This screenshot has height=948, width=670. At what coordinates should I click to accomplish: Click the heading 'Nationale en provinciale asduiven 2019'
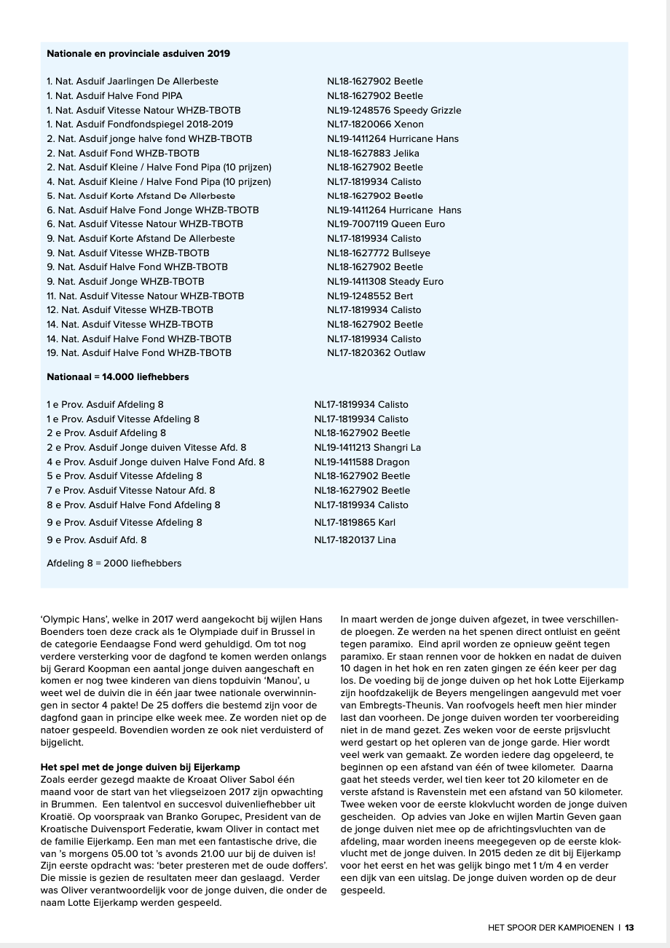tap(138, 54)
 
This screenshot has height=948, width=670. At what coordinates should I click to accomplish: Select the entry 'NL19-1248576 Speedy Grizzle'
tap(394, 110)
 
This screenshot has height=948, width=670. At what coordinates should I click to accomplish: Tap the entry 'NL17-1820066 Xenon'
tap(375, 125)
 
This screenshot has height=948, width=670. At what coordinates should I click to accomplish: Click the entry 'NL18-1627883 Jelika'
tap(373, 153)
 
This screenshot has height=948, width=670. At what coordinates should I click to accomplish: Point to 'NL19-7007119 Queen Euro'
tap(385, 224)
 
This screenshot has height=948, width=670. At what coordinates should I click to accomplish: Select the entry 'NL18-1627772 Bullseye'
tap(378, 253)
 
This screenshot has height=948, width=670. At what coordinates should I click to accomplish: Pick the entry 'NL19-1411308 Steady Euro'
tap(385, 281)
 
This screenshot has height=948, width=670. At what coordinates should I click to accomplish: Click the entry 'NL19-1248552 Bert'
tap(370, 296)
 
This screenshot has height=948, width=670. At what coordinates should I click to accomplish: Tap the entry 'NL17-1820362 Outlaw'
tap(376, 352)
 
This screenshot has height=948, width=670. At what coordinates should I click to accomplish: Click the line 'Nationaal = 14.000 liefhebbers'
tap(118, 377)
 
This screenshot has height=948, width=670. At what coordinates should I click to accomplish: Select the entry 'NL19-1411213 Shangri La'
tap(367, 447)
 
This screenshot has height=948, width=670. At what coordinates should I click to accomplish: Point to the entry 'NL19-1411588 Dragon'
tap(362, 462)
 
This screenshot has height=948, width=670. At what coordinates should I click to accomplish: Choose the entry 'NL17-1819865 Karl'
tap(355, 522)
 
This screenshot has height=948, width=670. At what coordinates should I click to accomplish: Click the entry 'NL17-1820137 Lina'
tap(355, 540)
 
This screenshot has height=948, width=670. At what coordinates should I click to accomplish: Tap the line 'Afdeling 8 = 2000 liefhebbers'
tap(114, 563)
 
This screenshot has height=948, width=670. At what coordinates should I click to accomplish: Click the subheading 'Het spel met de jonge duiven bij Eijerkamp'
tap(140, 767)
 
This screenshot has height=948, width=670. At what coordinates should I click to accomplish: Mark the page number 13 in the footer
tap(629, 928)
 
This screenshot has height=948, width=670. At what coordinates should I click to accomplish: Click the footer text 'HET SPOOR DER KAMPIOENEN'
tap(550, 928)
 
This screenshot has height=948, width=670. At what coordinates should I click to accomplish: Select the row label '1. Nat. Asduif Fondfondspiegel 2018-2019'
tap(140, 125)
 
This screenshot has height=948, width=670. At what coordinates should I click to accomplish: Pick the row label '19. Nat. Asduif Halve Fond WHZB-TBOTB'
tap(139, 352)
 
